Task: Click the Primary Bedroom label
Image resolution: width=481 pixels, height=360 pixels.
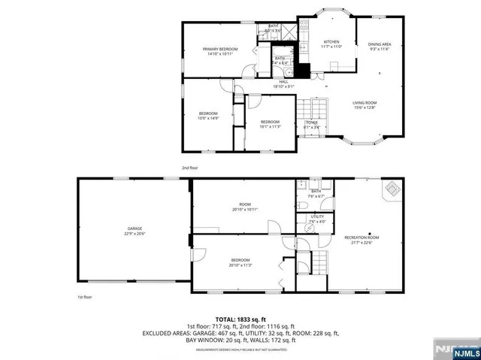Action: point(219,50)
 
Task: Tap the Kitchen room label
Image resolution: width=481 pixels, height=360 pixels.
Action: point(331,41)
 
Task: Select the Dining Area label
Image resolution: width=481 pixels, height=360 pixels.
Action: point(379,44)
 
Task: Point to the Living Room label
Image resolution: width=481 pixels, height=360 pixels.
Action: point(365,103)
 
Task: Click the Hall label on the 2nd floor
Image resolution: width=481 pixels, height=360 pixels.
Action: point(283,81)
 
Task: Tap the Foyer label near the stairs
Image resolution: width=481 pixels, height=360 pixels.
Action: point(311,122)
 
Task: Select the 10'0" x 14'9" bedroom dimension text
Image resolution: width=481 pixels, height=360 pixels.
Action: point(207,118)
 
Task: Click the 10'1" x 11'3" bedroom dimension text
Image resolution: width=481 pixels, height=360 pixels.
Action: point(270,126)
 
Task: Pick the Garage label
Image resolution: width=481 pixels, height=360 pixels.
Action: point(135,228)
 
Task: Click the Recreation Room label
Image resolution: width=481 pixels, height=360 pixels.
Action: point(362,237)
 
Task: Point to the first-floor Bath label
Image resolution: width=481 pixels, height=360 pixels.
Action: point(316,191)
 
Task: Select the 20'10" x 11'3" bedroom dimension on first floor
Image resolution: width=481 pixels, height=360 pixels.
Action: point(240,265)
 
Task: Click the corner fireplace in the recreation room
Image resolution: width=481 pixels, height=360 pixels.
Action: point(392,189)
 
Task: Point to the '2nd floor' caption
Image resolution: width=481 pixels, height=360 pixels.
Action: point(189,168)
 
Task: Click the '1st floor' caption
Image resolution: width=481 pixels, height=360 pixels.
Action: point(84,298)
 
